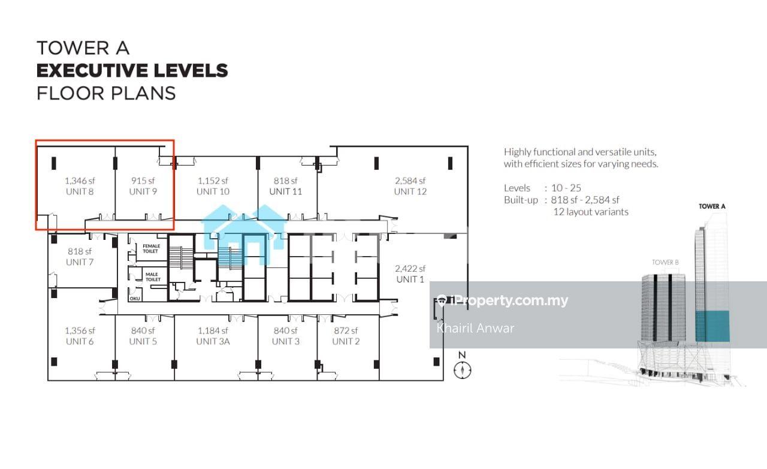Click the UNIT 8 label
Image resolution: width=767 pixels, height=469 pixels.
click(x=80, y=191)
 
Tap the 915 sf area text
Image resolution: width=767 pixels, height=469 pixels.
click(x=143, y=181)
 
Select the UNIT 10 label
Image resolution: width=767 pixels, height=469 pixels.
click(x=213, y=191)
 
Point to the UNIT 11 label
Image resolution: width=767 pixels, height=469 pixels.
click(x=286, y=191)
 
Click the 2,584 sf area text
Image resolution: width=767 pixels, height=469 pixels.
click(x=410, y=181)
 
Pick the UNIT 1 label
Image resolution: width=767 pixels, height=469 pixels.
click(x=410, y=279)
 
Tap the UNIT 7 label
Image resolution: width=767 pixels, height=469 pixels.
click(x=80, y=262)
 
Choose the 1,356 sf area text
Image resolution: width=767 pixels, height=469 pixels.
click(x=80, y=330)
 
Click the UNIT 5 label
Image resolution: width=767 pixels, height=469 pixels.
click(x=143, y=341)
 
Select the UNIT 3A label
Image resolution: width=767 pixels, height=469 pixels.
click(x=213, y=341)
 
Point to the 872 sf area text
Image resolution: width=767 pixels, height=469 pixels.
click(x=346, y=330)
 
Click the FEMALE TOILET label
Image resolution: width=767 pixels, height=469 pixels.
click(x=151, y=248)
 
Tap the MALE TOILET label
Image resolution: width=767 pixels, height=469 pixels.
click(x=153, y=276)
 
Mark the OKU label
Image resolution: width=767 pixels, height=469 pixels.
click(x=135, y=299)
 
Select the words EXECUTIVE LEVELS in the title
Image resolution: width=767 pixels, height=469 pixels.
click(x=132, y=71)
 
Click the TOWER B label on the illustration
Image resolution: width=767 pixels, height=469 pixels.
click(x=665, y=262)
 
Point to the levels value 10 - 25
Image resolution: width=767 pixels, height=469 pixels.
click(x=566, y=188)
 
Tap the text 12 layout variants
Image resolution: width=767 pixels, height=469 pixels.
click(x=591, y=212)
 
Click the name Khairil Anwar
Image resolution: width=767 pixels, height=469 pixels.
click(x=475, y=329)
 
